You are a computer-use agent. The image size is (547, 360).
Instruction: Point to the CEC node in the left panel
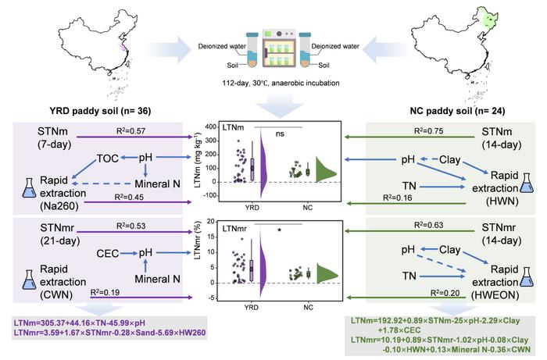click(107, 252)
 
